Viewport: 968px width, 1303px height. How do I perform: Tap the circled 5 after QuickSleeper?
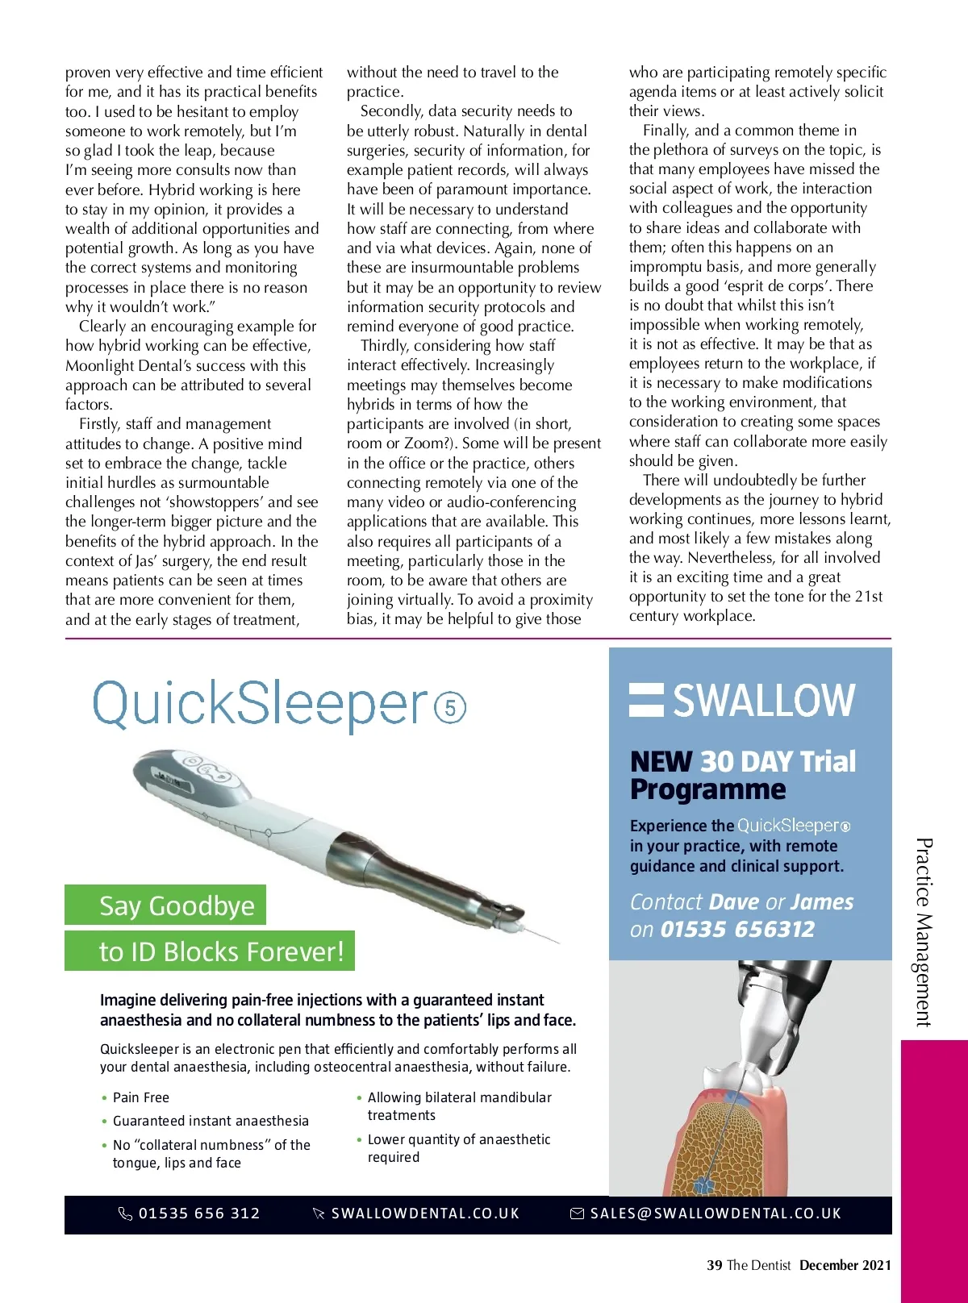[450, 708]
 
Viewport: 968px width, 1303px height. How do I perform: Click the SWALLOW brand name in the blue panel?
[763, 700]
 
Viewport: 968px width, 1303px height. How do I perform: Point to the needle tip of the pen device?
[557, 943]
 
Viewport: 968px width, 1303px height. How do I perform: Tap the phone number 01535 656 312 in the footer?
[198, 1213]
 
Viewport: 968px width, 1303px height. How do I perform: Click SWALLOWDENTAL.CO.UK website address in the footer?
[425, 1213]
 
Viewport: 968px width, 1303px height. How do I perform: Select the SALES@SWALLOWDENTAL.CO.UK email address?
[716, 1213]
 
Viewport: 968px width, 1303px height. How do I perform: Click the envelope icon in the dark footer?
[578, 1213]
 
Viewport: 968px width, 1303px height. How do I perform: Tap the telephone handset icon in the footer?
[125, 1213]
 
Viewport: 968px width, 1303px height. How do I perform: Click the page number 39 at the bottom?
[714, 1265]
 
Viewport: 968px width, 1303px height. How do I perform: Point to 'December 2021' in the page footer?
[845, 1265]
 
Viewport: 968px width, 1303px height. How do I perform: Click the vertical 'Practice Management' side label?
[924, 932]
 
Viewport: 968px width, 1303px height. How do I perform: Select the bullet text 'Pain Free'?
[141, 1097]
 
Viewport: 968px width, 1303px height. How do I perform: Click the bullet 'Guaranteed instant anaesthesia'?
[211, 1121]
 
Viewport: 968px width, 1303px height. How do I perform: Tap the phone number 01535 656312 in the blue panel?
[737, 930]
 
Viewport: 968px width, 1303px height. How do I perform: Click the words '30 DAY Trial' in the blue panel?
[778, 761]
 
